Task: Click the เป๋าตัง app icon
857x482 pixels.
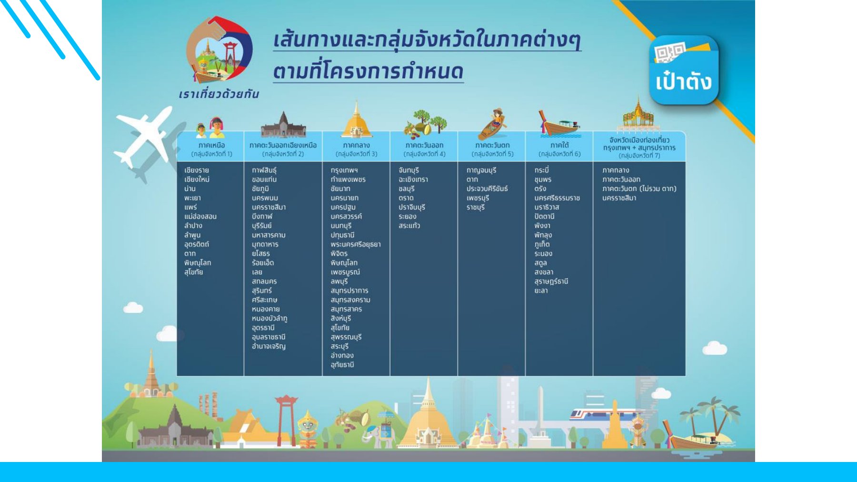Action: pos(684,70)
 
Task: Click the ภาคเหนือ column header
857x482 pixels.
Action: pos(211,149)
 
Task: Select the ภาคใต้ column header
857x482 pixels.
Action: pos(559,149)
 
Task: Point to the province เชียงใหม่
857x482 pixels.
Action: pos(197,180)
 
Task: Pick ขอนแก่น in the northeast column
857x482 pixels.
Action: pos(264,180)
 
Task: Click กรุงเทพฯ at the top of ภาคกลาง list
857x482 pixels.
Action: pos(344,170)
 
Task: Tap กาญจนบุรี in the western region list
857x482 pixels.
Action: pos(481,170)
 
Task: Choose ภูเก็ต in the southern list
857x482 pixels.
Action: pos(542,244)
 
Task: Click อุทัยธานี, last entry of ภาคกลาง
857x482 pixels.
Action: pos(342,365)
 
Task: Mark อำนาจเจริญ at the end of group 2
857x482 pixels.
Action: pos(269,346)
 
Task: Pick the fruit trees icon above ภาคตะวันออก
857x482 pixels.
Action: pos(425,123)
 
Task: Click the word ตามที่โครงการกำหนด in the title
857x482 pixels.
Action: pos(368,71)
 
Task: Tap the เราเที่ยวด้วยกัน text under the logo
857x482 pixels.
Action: pos(219,94)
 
